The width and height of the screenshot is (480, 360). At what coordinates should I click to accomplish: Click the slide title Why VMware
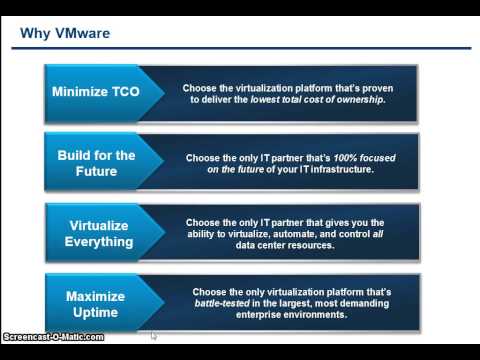[65, 33]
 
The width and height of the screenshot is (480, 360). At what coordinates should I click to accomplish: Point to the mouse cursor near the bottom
[153, 336]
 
